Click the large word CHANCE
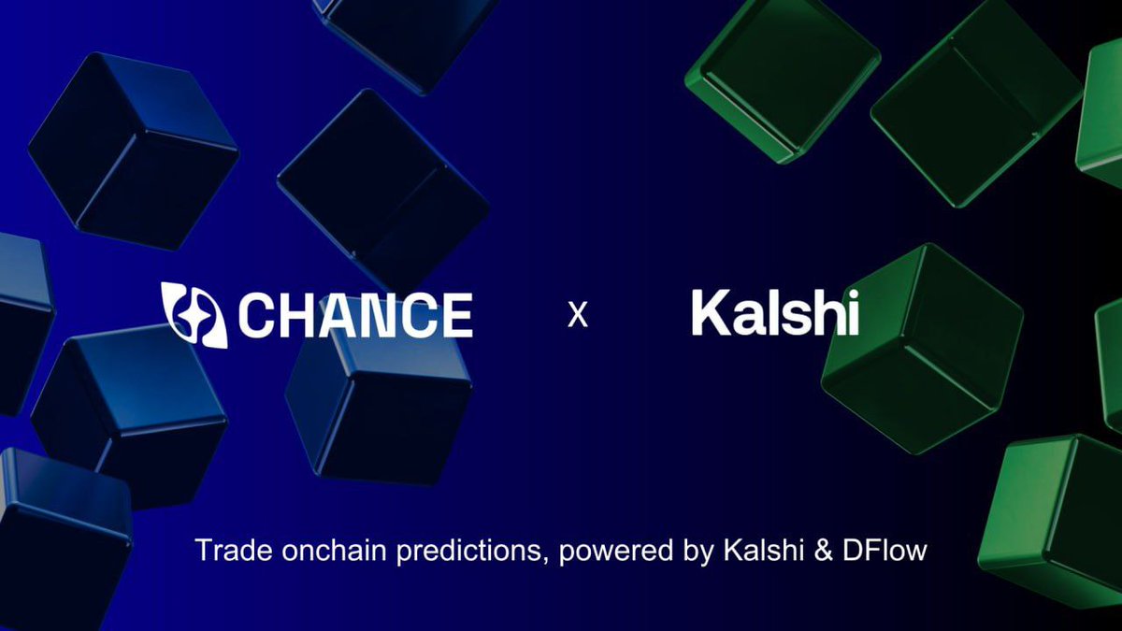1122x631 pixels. [x=354, y=315]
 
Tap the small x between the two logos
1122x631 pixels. [x=578, y=316]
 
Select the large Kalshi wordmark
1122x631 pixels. [x=775, y=313]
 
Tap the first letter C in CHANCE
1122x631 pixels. [x=257, y=315]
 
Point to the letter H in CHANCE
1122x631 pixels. [x=297, y=315]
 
